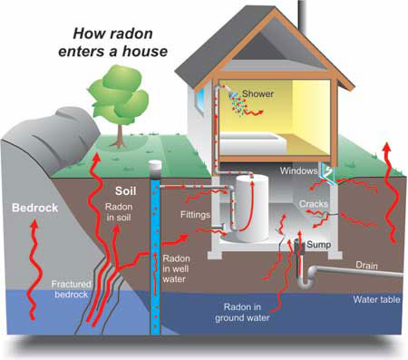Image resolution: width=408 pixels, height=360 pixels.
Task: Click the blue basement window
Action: point(329,171)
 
